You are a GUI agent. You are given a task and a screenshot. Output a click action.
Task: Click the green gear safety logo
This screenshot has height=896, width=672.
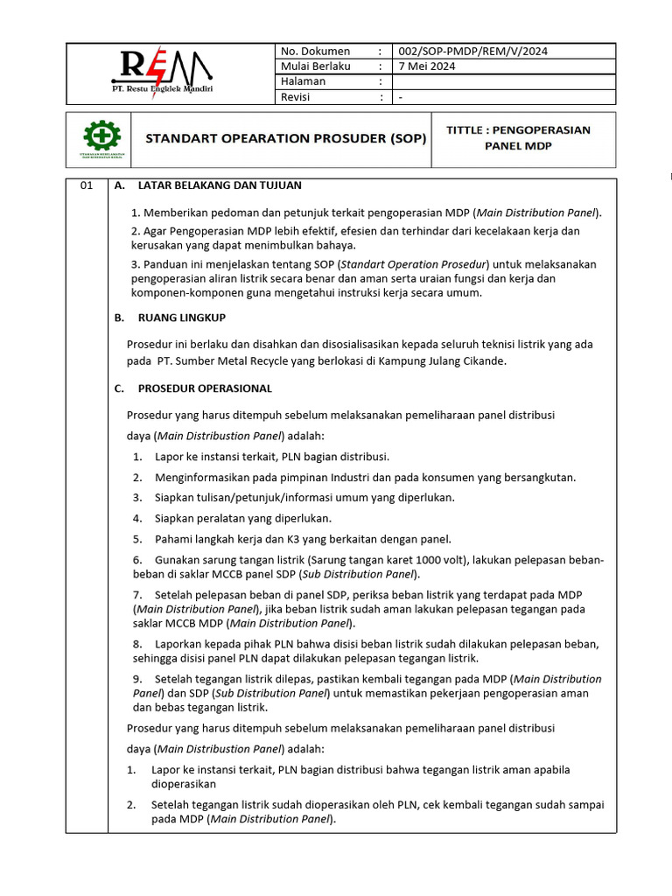pyautogui.click(x=101, y=137)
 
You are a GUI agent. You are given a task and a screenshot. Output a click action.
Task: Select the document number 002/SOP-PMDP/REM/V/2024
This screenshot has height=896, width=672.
pyautogui.click(x=472, y=51)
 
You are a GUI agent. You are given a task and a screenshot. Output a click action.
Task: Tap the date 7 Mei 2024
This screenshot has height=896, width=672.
pyautogui.click(x=426, y=66)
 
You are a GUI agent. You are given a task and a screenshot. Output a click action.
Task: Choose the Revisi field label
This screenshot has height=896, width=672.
pyautogui.click(x=296, y=97)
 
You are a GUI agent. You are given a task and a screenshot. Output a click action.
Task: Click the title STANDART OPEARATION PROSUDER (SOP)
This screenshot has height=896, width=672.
pyautogui.click(x=285, y=138)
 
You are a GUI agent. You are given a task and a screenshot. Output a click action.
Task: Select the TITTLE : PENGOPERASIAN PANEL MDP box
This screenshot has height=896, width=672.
pyautogui.click(x=518, y=138)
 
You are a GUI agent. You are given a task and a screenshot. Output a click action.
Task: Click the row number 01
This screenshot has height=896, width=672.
pyautogui.click(x=86, y=186)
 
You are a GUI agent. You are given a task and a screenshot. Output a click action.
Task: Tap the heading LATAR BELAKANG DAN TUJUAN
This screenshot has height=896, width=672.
pyautogui.click(x=220, y=185)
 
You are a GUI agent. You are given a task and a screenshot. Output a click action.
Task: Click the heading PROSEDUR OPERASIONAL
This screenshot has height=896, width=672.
pyautogui.click(x=205, y=388)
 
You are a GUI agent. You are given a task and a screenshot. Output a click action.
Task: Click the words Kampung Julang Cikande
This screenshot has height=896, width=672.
pyautogui.click(x=443, y=360)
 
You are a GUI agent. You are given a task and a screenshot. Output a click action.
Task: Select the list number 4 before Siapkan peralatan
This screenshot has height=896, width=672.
pyautogui.click(x=137, y=518)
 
